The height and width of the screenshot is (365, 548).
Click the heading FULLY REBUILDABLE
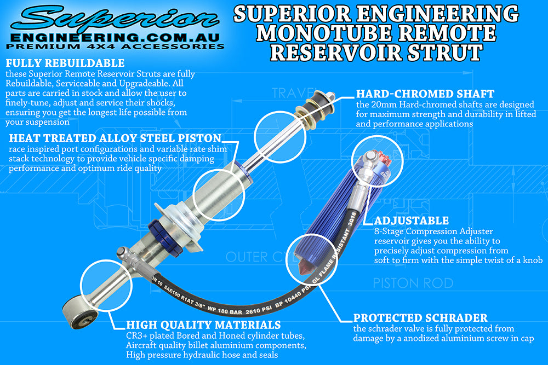coord(65,63)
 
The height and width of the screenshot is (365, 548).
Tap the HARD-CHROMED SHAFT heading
coord(425,94)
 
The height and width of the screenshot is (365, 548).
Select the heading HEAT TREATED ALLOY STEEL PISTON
coord(115,138)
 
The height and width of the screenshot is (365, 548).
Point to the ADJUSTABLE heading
coord(411,221)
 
